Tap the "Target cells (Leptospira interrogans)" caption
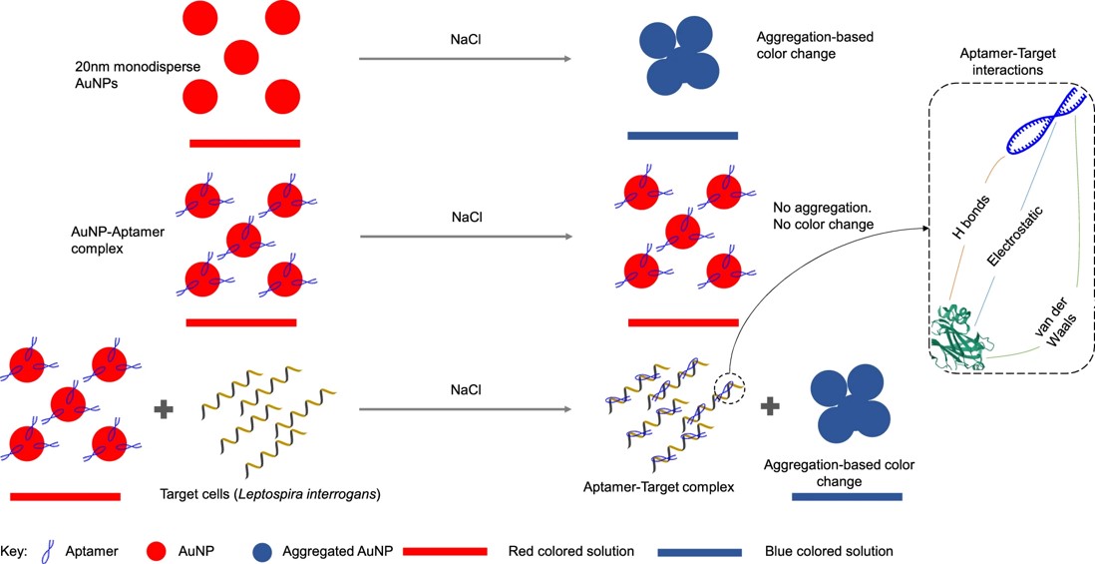pos(271,494)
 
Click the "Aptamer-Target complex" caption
pos(659,487)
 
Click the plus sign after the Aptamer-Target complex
pos(771,406)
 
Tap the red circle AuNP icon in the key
pos(154,550)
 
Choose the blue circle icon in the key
pos(262,550)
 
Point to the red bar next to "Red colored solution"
pos(444,551)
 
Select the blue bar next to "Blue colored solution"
pos(699,551)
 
